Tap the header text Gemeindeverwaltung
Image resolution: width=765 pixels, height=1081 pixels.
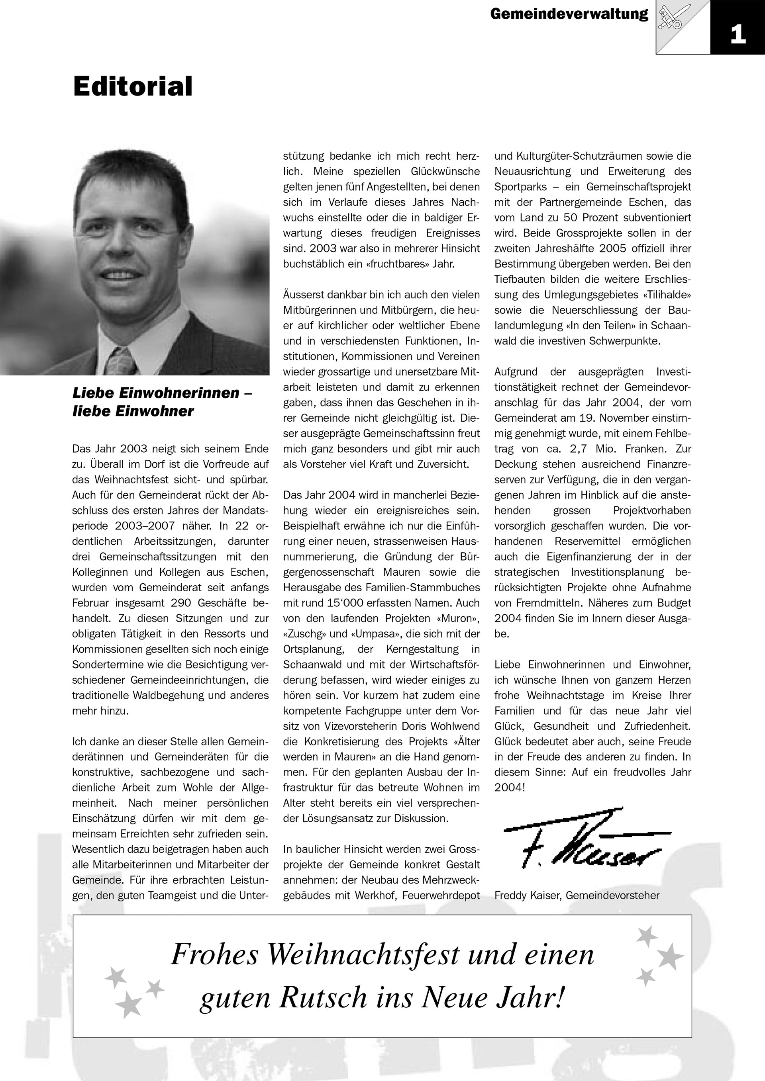569,14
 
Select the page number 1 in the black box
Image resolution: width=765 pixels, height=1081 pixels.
738,34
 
